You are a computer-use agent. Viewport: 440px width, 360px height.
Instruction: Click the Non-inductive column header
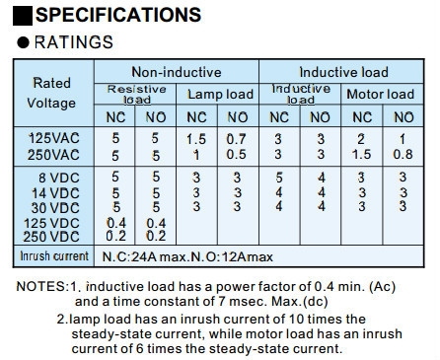[176, 72]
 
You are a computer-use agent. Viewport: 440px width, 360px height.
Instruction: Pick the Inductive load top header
[343, 72]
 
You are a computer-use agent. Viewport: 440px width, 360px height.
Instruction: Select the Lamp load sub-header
[221, 95]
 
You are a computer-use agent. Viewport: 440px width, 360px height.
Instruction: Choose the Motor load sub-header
[380, 95]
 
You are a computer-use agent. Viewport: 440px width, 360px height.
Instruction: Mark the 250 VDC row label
[51, 237]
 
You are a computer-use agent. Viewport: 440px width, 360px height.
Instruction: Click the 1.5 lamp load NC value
[197, 139]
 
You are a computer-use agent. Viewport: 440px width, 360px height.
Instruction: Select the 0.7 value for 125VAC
[236, 139]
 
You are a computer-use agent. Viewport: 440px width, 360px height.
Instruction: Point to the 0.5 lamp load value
[236, 155]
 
